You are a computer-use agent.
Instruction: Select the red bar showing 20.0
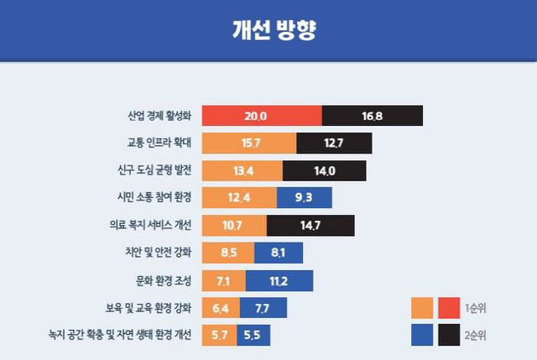(261, 116)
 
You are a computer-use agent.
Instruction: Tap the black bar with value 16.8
(372, 116)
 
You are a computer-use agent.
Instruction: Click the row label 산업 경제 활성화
(159, 116)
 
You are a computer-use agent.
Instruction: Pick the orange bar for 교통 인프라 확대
(248, 143)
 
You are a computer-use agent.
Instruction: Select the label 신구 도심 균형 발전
(154, 170)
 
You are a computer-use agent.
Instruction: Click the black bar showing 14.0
(325, 170)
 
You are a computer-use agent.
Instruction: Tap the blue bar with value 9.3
(305, 198)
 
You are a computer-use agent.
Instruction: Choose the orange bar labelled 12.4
(239, 198)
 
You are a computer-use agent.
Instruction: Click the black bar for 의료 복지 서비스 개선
(310, 225)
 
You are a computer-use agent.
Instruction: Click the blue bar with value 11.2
(279, 279)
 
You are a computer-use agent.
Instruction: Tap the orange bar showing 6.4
(220, 307)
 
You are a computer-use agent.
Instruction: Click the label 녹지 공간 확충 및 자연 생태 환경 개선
(121, 335)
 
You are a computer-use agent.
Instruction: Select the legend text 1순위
(475, 308)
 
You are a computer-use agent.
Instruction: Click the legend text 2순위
(475, 336)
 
